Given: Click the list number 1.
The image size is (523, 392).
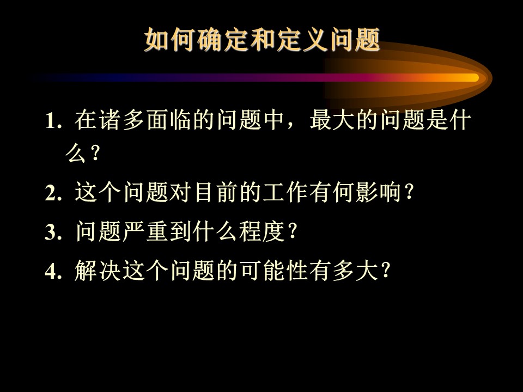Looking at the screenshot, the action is click(53, 121).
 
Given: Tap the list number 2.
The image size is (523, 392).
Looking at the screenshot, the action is click(53, 193).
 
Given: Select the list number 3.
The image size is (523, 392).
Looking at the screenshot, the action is click(53, 232).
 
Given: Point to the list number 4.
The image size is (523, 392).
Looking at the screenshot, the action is click(53, 271).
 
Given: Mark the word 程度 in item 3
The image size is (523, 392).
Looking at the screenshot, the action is click(261, 231).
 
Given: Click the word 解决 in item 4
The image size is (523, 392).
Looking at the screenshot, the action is click(98, 271).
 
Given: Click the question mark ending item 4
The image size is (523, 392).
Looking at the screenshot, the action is click(385, 271).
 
